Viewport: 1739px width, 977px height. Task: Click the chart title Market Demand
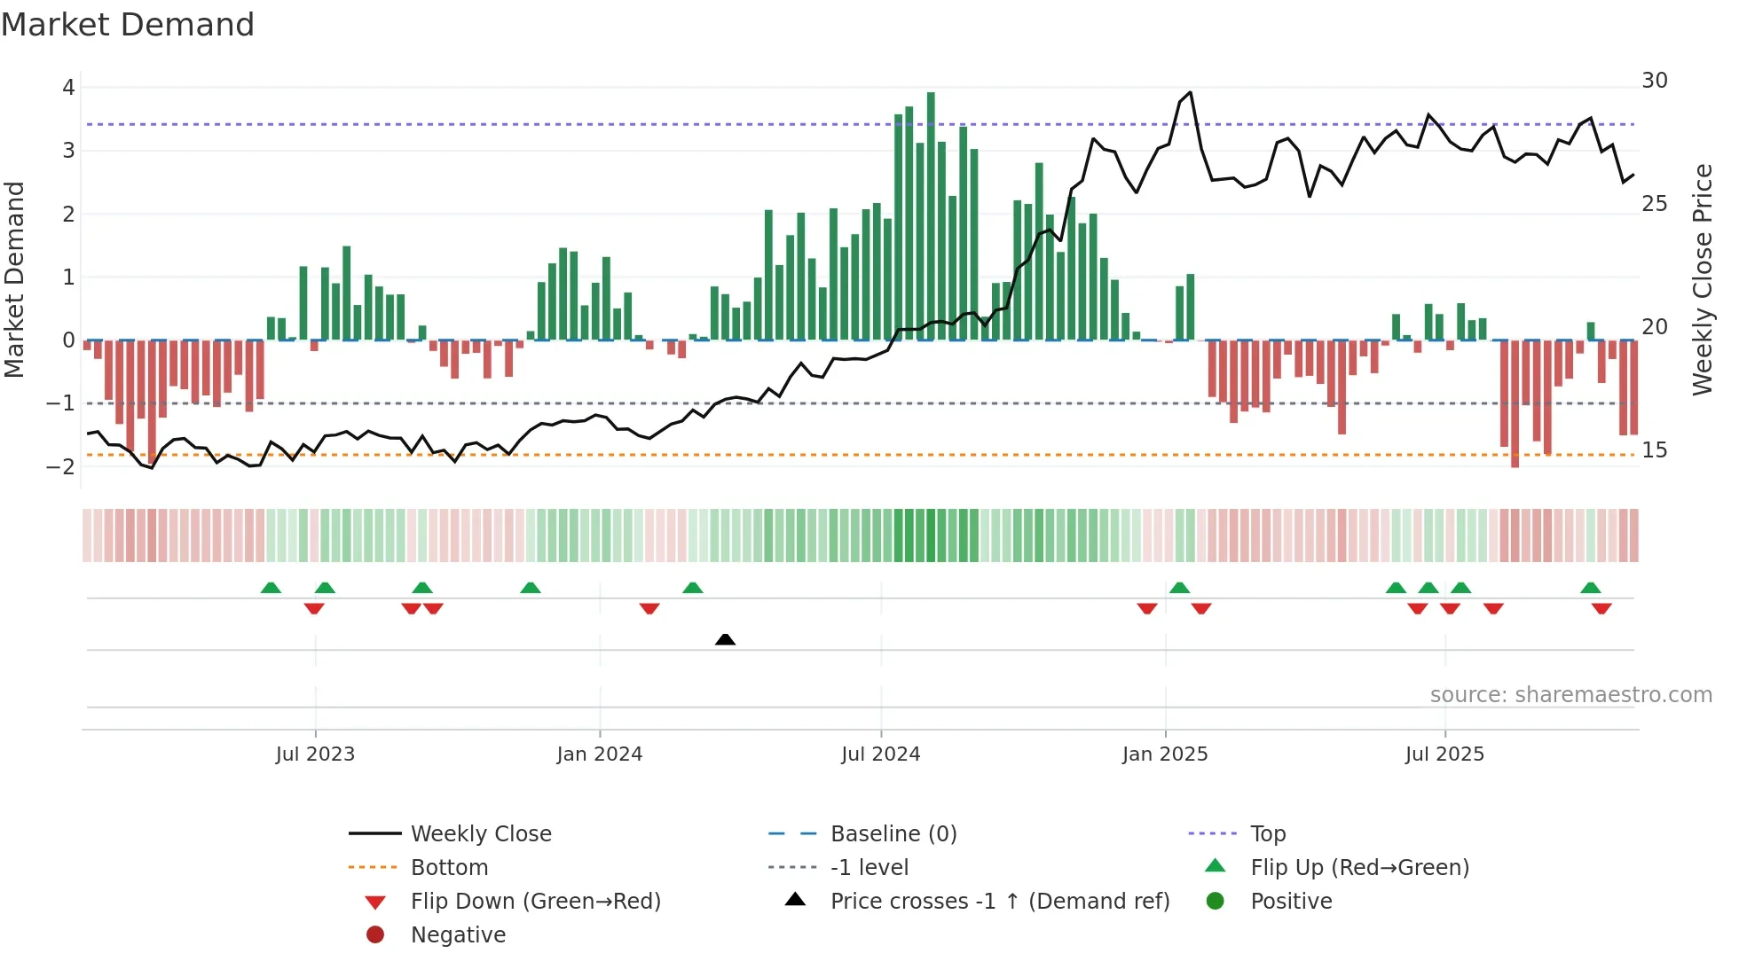[x=128, y=25]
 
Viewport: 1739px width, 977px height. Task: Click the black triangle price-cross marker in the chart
[x=725, y=639]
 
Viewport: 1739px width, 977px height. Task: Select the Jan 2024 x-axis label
[x=599, y=754]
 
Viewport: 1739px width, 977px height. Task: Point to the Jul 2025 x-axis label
[x=1444, y=754]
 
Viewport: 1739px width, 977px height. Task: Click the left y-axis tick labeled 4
[x=68, y=88]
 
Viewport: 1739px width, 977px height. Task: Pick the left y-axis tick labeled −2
[x=61, y=466]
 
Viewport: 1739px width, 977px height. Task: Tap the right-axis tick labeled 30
[x=1654, y=81]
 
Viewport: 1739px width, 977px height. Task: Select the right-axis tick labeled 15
[x=1654, y=450]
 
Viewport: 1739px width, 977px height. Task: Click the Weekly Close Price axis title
[x=1702, y=279]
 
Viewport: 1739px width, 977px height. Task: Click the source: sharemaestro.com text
[x=1570, y=695]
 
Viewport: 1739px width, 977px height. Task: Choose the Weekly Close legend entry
[x=480, y=834]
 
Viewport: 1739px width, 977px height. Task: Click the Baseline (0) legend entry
[x=893, y=834]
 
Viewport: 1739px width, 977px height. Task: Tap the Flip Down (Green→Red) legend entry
[x=535, y=902]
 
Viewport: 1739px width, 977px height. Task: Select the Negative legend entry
[x=458, y=935]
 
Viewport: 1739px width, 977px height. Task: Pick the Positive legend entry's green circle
[x=1216, y=902]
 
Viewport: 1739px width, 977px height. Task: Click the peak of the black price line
[x=1190, y=92]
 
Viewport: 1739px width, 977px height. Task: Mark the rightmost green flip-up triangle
[x=1591, y=588]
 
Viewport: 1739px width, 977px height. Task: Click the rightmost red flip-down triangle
[x=1601, y=608]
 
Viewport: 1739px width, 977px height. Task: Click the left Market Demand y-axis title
[x=14, y=279]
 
